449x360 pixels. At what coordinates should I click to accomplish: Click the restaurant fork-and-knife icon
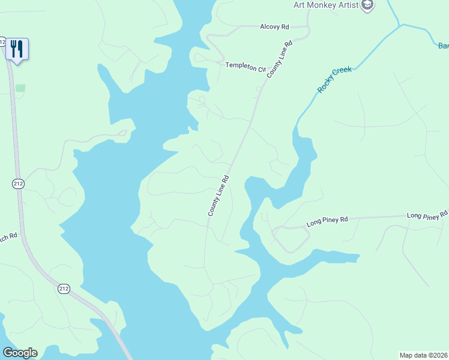tap(17, 49)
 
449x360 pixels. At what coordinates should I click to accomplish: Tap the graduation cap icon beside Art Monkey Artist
tap(367, 5)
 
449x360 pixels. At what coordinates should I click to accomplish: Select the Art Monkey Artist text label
tap(326, 5)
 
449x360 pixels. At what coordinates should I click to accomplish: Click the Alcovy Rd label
tap(274, 27)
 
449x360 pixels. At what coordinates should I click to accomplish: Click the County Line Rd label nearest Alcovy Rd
tap(280, 58)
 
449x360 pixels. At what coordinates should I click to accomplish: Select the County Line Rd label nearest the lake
tap(219, 196)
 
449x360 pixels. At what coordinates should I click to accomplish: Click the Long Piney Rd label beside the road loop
tap(327, 221)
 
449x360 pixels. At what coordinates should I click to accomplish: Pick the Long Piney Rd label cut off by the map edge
tap(427, 215)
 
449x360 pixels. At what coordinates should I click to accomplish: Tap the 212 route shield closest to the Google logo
tap(64, 289)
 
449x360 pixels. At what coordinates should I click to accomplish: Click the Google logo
tap(20, 353)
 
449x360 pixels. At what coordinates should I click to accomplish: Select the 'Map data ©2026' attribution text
tap(423, 355)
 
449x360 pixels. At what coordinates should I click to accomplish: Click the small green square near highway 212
tap(20, 88)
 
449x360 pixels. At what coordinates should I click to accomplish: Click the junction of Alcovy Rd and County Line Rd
tap(307, 27)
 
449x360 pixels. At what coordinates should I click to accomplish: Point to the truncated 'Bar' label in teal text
tap(443, 46)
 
